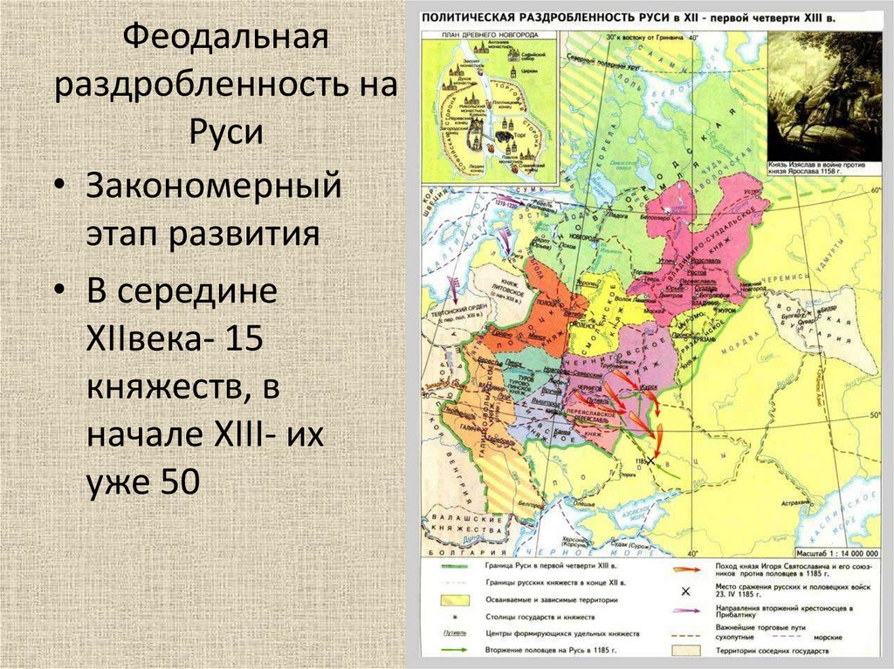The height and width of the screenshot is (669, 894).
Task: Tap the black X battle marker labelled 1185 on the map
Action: point(650,460)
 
